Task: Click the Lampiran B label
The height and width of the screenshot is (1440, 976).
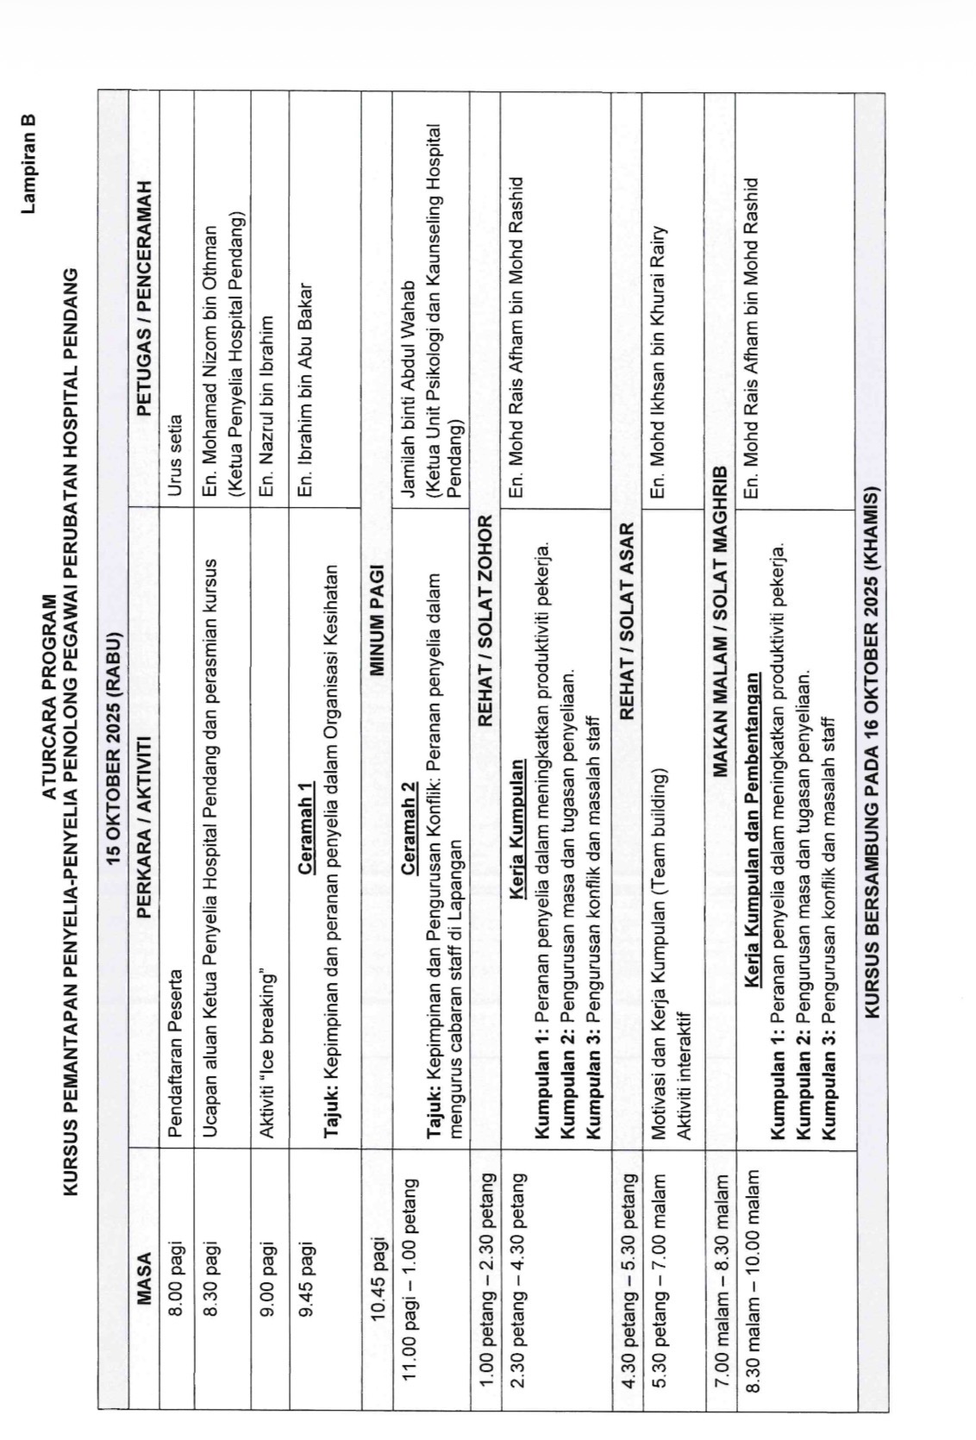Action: [x=28, y=153]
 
